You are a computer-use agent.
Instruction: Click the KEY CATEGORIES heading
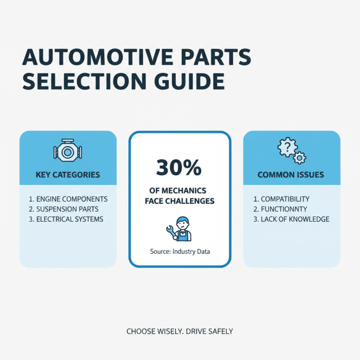pos(68,175)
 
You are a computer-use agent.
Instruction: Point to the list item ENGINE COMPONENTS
pos(68,198)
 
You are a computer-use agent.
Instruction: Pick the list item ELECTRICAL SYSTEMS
pos(65,219)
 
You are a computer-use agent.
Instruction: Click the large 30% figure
pos(180,167)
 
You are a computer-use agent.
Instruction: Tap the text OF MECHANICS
pos(180,191)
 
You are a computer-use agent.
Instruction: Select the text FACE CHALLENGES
pos(180,201)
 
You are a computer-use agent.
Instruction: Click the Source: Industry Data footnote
pos(180,252)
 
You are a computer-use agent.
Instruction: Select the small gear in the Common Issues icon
pos(299,157)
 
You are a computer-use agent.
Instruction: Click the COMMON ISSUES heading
pos(291,175)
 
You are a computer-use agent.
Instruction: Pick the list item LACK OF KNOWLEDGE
pos(291,219)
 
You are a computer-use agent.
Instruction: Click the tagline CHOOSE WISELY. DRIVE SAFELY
pos(180,331)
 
